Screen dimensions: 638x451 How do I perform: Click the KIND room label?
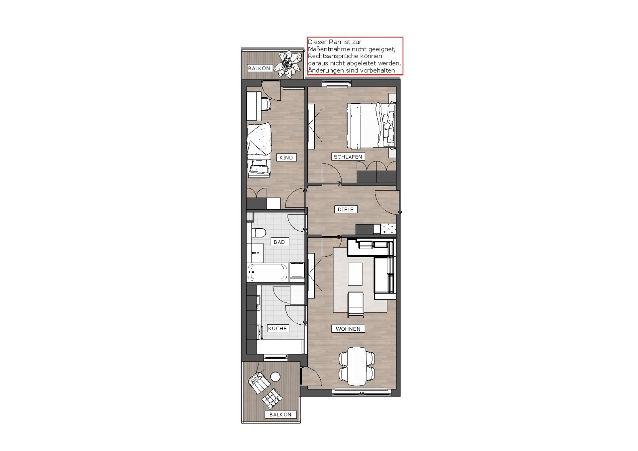click(286, 158)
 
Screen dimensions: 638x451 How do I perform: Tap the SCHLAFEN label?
click(348, 157)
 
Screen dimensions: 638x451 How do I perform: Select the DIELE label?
click(346, 209)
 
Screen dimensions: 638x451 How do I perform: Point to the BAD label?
click(279, 242)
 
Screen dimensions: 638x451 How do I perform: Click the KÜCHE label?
click(277, 328)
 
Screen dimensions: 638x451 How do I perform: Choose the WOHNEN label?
click(348, 329)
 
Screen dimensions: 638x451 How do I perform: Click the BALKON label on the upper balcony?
click(259, 68)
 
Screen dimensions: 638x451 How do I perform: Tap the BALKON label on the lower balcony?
click(280, 414)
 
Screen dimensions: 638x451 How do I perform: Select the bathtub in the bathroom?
click(267, 273)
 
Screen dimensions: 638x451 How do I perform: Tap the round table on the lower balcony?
click(275, 377)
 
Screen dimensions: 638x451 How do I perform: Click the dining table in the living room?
click(357, 366)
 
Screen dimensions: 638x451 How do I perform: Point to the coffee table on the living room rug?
click(355, 274)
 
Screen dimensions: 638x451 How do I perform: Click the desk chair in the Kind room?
click(266, 103)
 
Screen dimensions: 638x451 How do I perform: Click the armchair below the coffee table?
click(356, 304)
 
